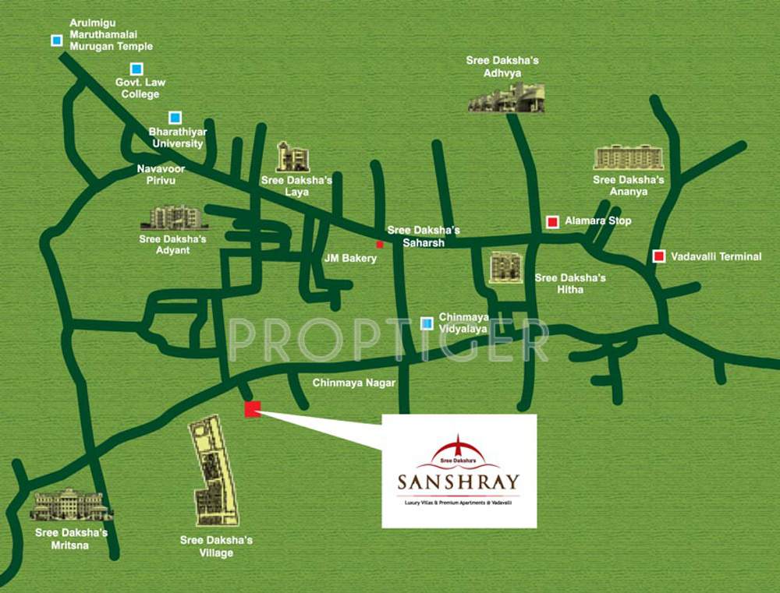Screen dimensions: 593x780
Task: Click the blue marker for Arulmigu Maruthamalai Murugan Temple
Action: coord(56,40)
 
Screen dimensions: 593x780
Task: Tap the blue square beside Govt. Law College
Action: coord(136,69)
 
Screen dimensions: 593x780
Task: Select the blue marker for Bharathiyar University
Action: coord(175,118)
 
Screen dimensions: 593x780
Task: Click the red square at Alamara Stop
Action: coord(552,221)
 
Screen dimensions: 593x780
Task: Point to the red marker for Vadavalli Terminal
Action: coord(658,256)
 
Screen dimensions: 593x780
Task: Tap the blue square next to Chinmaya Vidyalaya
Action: coord(427,323)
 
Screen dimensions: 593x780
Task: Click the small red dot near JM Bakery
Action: coord(380,244)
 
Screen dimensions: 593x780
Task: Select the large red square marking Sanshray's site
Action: coord(252,409)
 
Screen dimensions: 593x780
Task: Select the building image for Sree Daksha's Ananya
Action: coord(628,157)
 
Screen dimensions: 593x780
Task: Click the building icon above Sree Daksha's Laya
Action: coord(293,157)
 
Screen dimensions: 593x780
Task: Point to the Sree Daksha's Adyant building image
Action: coord(174,217)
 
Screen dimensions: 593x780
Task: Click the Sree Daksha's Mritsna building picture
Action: coord(71,506)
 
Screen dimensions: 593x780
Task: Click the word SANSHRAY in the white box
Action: coord(458,482)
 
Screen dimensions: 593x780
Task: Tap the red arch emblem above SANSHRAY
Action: coord(458,451)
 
